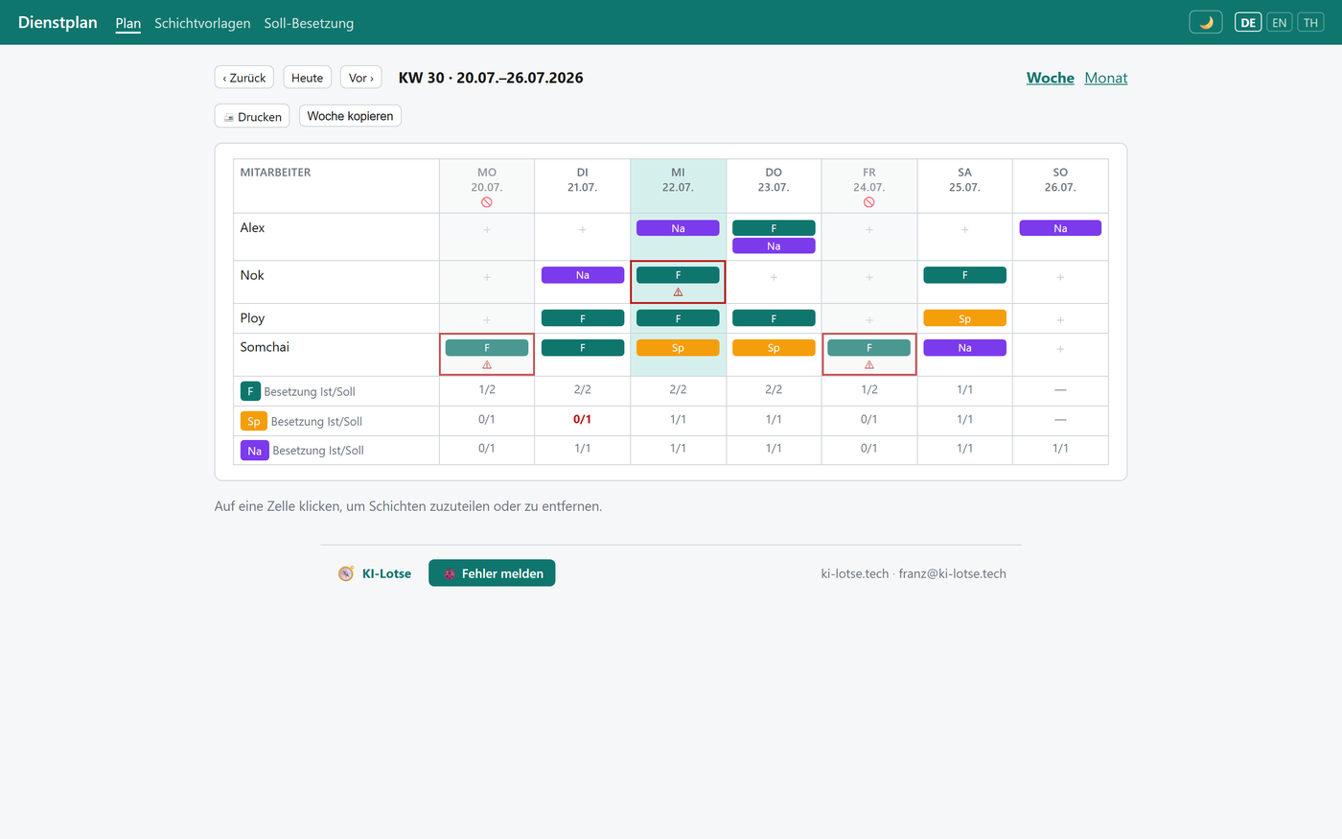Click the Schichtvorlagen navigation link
[x=202, y=23]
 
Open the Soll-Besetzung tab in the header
[x=309, y=23]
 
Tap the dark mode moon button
[x=1206, y=23]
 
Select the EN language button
[x=1279, y=23]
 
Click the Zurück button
[x=243, y=78]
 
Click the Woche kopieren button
[x=350, y=116]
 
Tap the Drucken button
[x=252, y=116]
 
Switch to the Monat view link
[x=1105, y=78]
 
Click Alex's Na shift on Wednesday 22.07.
[x=678, y=228]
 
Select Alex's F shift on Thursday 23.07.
[x=774, y=228]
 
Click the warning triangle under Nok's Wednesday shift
[x=678, y=292]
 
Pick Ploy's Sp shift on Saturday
[x=964, y=318]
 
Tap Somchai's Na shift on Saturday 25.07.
[x=964, y=347]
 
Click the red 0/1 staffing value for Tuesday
[x=582, y=420]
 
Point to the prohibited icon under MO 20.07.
[x=487, y=202]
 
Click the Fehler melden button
[x=492, y=573]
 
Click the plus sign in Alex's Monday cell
[x=487, y=229]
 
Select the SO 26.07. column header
[x=1060, y=180]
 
